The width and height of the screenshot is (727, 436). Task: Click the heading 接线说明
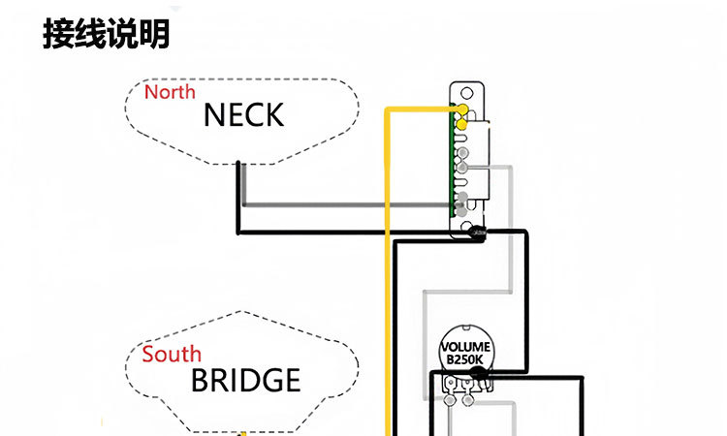click(x=107, y=35)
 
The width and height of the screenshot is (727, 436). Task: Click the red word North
click(x=170, y=92)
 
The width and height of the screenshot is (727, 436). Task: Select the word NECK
click(x=243, y=115)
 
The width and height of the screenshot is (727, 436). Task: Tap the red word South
click(x=172, y=354)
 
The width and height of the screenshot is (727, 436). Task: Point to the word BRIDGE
click(x=245, y=380)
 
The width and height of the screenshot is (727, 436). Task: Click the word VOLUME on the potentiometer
click(x=466, y=347)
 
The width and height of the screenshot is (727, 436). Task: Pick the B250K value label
click(x=466, y=359)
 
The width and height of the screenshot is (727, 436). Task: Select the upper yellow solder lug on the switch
click(x=462, y=109)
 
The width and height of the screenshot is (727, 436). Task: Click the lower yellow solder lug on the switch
click(x=463, y=125)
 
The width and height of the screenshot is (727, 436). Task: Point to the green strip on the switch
click(x=453, y=160)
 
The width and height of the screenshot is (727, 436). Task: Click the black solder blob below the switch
click(x=478, y=233)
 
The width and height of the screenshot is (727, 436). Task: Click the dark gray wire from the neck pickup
click(x=339, y=204)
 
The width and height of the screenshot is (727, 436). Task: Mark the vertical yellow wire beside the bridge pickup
click(x=390, y=368)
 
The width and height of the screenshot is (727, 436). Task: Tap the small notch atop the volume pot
click(x=466, y=329)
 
